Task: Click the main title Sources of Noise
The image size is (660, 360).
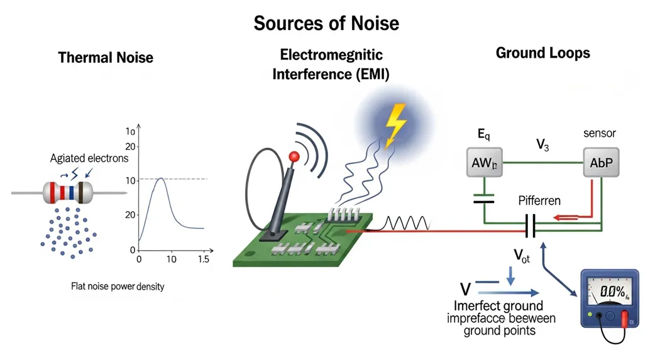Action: (326, 23)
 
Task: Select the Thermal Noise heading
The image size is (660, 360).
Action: (106, 58)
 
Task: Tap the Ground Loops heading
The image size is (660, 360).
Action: (542, 53)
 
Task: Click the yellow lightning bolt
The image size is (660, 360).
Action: (395, 124)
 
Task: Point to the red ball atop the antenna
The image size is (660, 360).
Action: (292, 156)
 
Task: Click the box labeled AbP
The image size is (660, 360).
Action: (601, 162)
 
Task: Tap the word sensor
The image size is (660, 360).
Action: (600, 133)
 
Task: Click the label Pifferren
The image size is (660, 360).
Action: (539, 201)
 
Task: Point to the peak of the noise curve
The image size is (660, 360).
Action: (160, 179)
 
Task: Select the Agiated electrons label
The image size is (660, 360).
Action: (89, 158)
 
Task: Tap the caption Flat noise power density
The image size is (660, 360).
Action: (118, 286)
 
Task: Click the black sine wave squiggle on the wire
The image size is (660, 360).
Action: (409, 224)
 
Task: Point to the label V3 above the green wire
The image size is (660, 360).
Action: (542, 145)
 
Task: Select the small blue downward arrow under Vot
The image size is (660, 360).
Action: (510, 275)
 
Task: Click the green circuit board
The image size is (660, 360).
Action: (302, 242)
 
